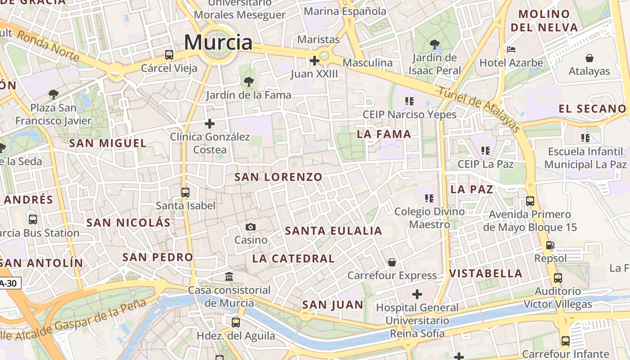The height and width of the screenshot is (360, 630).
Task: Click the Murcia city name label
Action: coord(218,42)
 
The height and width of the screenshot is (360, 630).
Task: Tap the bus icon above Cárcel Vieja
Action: coord(169,55)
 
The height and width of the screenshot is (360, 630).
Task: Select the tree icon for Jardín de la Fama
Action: coord(248,82)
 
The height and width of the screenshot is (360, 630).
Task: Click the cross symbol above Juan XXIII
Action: coord(315,60)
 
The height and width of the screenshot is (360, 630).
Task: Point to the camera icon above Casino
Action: coord(251,227)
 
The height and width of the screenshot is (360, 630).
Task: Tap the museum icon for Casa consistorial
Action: coord(229,276)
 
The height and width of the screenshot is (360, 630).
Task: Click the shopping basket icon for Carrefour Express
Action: coord(392,262)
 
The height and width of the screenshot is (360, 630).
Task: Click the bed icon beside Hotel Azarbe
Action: coord(511,49)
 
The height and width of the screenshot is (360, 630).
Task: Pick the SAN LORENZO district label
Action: coord(279,177)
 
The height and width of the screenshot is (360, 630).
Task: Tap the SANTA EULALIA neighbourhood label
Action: coord(333,231)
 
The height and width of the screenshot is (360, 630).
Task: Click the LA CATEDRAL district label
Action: coord(293,259)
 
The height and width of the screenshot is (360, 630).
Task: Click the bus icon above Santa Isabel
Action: coord(185,193)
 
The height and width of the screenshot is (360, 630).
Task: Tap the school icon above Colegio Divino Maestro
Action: coord(429,198)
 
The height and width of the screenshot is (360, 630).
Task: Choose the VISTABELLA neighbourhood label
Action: coord(486,274)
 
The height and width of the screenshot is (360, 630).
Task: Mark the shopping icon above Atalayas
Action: coord(589,58)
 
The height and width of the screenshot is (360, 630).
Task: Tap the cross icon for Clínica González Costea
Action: coord(210,123)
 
